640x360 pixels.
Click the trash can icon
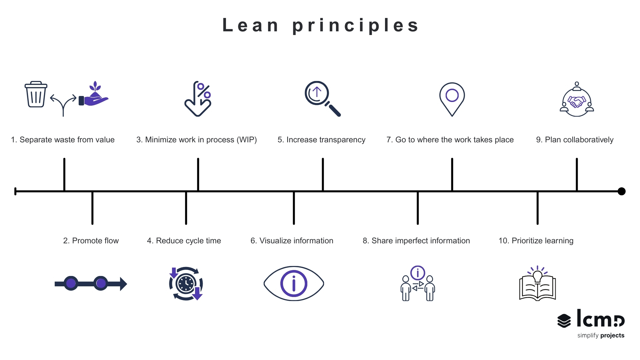(36, 94)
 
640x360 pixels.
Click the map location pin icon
(452, 98)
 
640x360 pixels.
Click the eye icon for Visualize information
(294, 284)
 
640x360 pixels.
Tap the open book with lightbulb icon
(537, 284)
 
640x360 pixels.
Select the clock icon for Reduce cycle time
(186, 284)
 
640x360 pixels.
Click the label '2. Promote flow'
(91, 241)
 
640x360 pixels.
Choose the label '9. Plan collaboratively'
(575, 140)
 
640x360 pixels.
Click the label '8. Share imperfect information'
(416, 241)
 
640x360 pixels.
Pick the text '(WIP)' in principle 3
(247, 140)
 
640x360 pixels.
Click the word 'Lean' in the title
(251, 25)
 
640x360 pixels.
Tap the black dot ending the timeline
(621, 191)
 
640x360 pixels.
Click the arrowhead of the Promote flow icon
(123, 284)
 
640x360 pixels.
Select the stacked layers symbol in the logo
(564, 321)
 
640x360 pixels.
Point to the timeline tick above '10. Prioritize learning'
(537, 208)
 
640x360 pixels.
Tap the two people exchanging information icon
(418, 284)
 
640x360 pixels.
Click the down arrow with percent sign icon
(198, 99)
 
